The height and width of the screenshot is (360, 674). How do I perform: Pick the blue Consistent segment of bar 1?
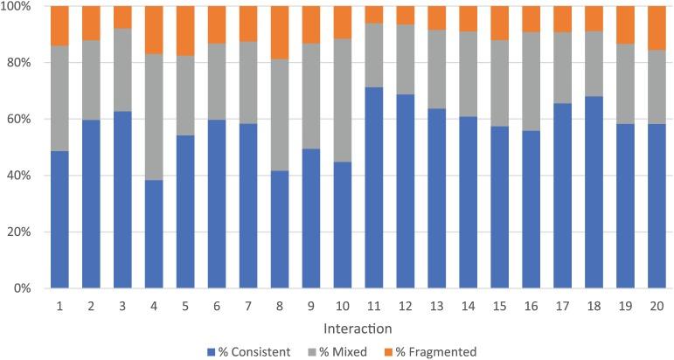point(59,219)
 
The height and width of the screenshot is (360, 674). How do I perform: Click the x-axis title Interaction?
point(358,329)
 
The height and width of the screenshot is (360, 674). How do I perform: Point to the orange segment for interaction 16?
point(532,19)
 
